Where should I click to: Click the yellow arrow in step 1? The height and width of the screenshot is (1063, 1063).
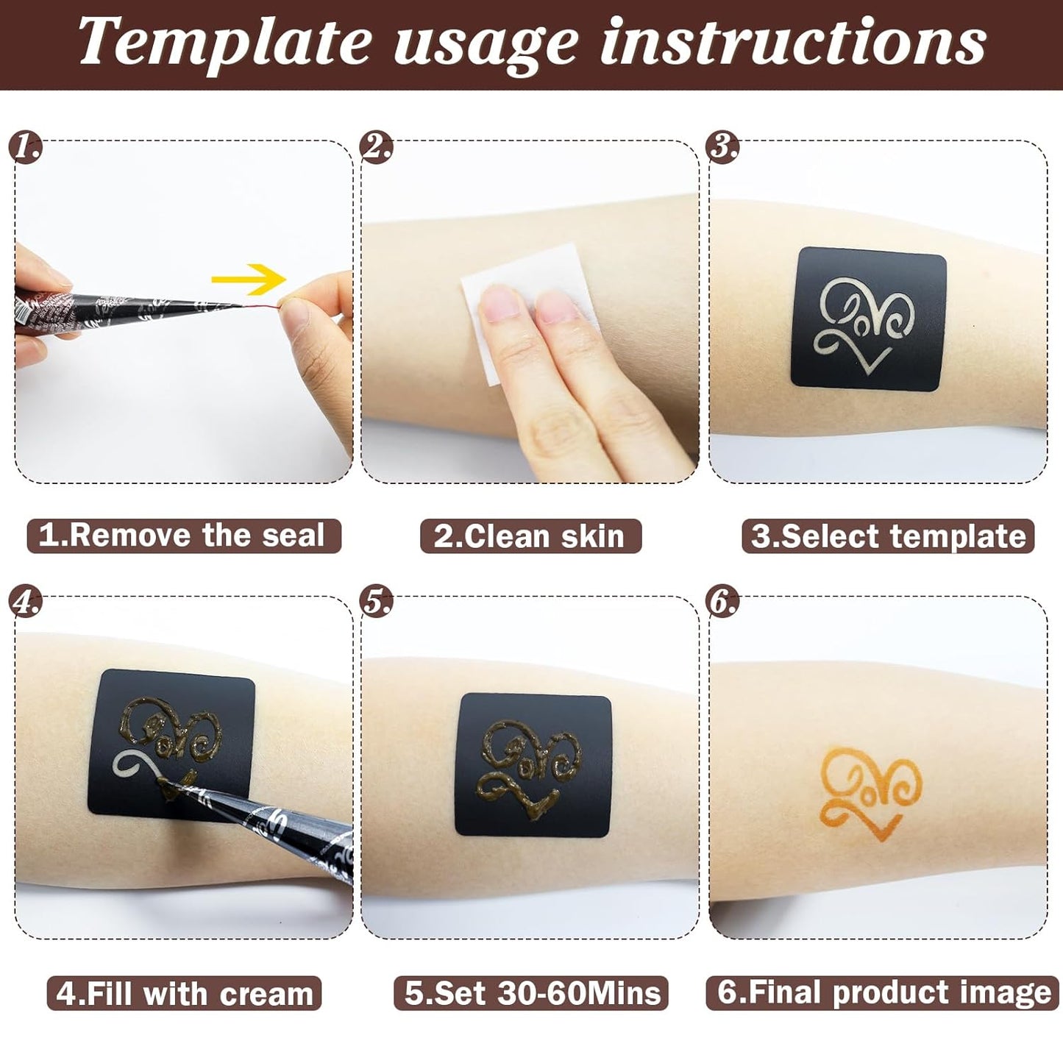point(249,279)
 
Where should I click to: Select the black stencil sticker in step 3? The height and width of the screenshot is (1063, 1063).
point(868,318)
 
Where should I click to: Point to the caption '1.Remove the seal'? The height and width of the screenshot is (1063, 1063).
point(183,536)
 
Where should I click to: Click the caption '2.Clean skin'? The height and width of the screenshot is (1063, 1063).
point(530,536)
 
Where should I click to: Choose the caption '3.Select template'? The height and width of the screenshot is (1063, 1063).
point(888,536)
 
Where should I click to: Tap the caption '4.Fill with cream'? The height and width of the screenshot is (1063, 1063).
point(185,993)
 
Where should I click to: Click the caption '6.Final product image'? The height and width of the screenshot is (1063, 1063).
point(884,992)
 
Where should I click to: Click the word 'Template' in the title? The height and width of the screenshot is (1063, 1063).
point(224,43)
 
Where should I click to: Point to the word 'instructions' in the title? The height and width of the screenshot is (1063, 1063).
point(793,41)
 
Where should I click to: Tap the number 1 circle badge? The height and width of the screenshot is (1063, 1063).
point(26,148)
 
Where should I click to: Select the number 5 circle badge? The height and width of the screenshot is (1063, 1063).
point(376,602)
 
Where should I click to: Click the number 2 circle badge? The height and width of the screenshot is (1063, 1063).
point(376,148)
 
